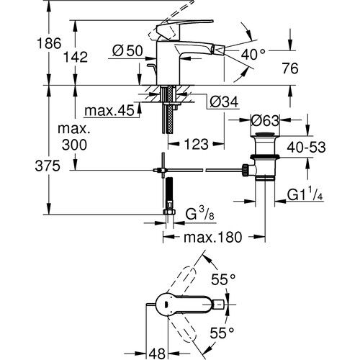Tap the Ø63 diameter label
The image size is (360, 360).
point(265,120)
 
